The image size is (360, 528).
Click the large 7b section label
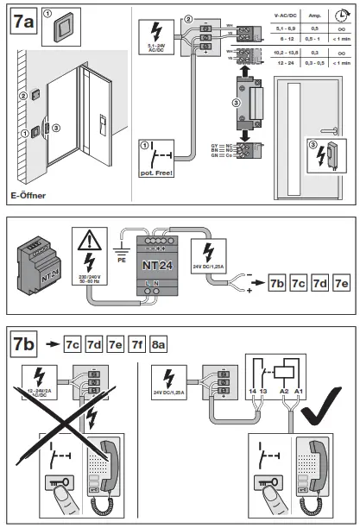[x=22, y=343]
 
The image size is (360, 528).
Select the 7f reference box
[x=136, y=345]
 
